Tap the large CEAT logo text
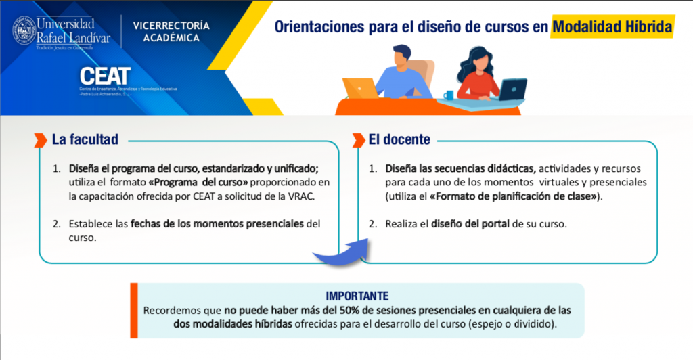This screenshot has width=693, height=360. pyautogui.click(x=104, y=75)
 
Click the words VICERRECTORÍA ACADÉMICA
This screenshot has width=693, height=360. pyautogui.click(x=171, y=32)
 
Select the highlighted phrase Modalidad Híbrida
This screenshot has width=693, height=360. pyautogui.click(x=612, y=27)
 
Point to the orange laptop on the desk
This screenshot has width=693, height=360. pyautogui.click(x=360, y=89)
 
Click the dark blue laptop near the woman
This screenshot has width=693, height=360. pyautogui.click(x=512, y=89)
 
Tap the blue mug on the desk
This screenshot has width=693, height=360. pyautogui.click(x=448, y=95)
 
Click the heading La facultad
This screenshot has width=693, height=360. pyautogui.click(x=85, y=140)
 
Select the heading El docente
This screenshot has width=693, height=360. pyautogui.click(x=399, y=140)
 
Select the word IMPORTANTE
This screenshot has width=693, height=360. pyautogui.click(x=357, y=296)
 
